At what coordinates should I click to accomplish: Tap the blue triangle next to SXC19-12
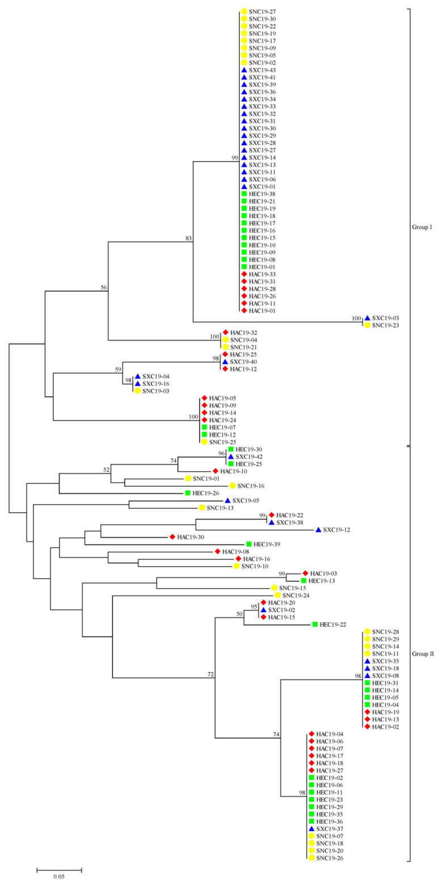click(x=318, y=530)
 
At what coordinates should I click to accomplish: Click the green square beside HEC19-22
click(x=314, y=625)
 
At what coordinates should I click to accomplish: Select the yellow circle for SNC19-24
click(x=278, y=595)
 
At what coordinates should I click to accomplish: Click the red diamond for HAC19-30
click(x=171, y=537)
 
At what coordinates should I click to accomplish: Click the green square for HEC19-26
click(x=187, y=493)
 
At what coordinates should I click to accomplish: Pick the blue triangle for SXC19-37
click(x=311, y=829)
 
